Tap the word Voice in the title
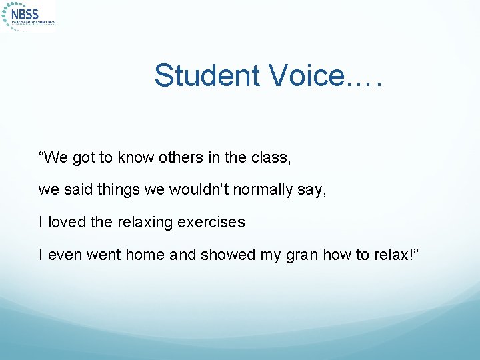click(x=307, y=76)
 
